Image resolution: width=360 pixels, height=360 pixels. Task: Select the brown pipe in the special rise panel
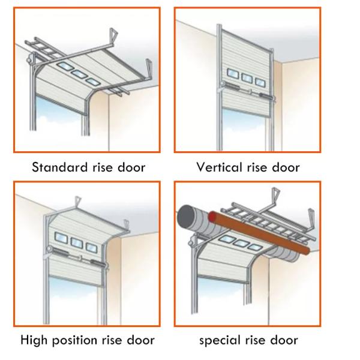tap(264, 234)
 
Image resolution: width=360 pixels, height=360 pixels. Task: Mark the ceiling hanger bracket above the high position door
tap(76, 202)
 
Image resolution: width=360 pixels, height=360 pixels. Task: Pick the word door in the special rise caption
tap(284, 341)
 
